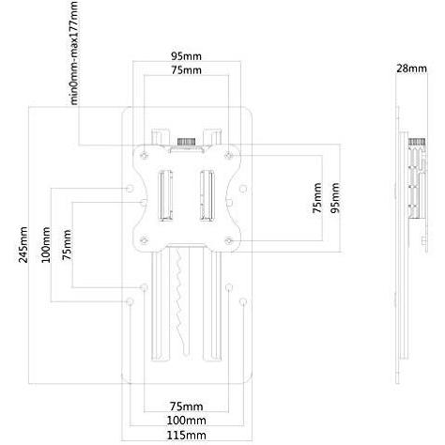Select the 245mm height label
click(x=22, y=245)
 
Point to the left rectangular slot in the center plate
click(x=166, y=193)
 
